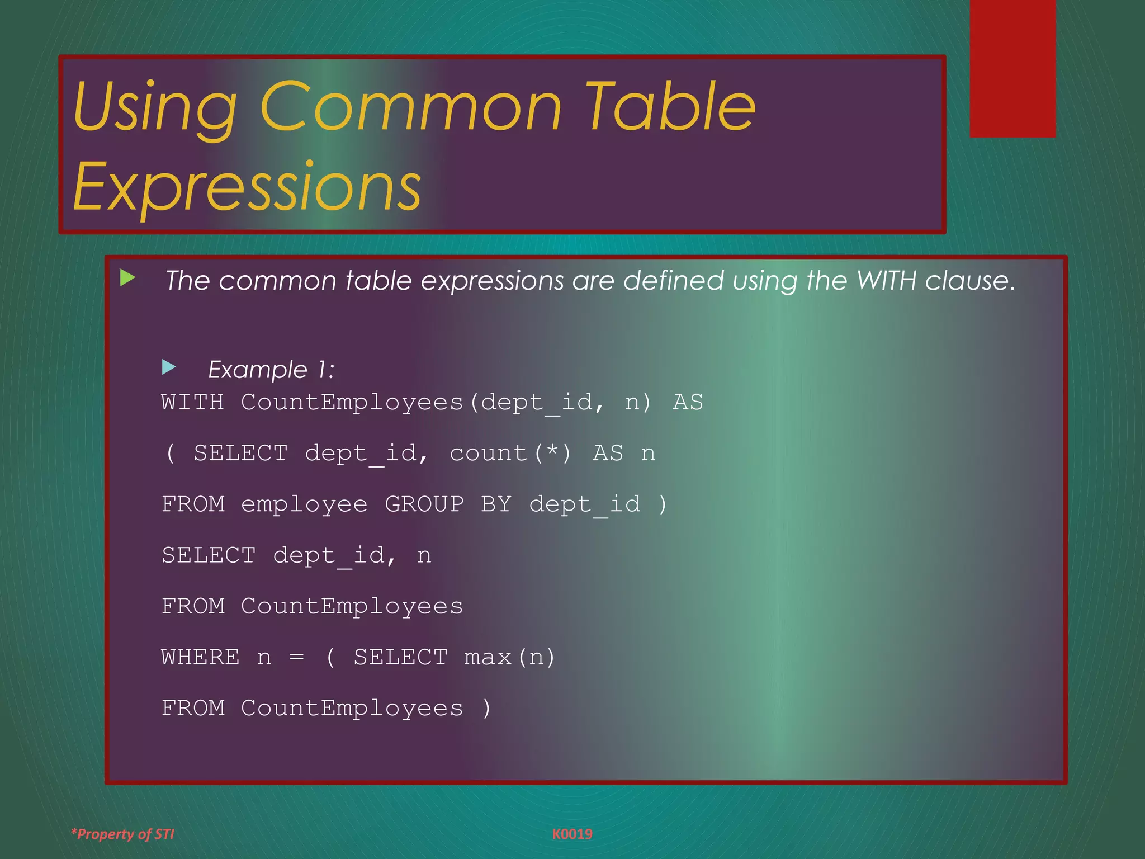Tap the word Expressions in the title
(x=247, y=187)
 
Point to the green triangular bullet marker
(x=127, y=277)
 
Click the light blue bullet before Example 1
(x=168, y=367)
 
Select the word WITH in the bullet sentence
(x=886, y=281)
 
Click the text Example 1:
(x=271, y=370)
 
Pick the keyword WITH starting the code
(x=192, y=403)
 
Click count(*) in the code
(x=510, y=454)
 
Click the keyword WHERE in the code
(x=200, y=657)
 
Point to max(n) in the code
(x=509, y=657)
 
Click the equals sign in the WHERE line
(x=297, y=658)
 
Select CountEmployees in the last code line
(x=352, y=709)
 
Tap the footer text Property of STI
(x=123, y=834)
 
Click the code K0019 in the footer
(x=572, y=834)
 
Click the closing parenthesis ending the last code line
(x=486, y=709)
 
